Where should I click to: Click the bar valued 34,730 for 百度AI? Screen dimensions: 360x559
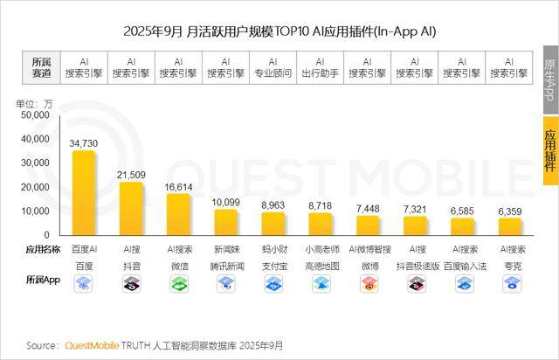[x=84, y=192]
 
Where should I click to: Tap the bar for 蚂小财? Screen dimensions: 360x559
[x=273, y=224]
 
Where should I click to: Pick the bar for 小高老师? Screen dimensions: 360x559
[x=321, y=224]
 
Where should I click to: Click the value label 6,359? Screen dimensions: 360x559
[x=510, y=211]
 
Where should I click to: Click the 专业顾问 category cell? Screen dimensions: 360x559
[x=273, y=68]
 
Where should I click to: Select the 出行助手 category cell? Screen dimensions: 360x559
[x=321, y=68]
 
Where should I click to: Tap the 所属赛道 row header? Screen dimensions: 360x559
[x=42, y=68]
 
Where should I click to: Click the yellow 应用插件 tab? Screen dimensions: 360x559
[x=549, y=149]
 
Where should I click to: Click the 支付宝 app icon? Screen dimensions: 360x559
[x=273, y=283]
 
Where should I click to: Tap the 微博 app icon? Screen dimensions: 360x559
[x=368, y=283]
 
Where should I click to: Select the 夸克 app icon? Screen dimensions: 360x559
[x=510, y=283]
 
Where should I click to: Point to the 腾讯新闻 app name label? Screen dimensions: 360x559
[x=225, y=264]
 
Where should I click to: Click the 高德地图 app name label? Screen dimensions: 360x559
[x=321, y=264]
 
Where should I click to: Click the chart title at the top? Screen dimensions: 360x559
[x=279, y=31]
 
